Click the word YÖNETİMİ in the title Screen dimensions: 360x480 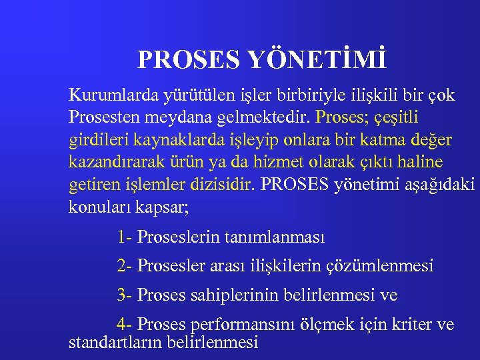click(318, 59)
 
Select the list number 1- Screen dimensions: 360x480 click(124, 237)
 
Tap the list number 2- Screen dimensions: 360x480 click(124, 266)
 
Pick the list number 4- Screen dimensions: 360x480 click(124, 325)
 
